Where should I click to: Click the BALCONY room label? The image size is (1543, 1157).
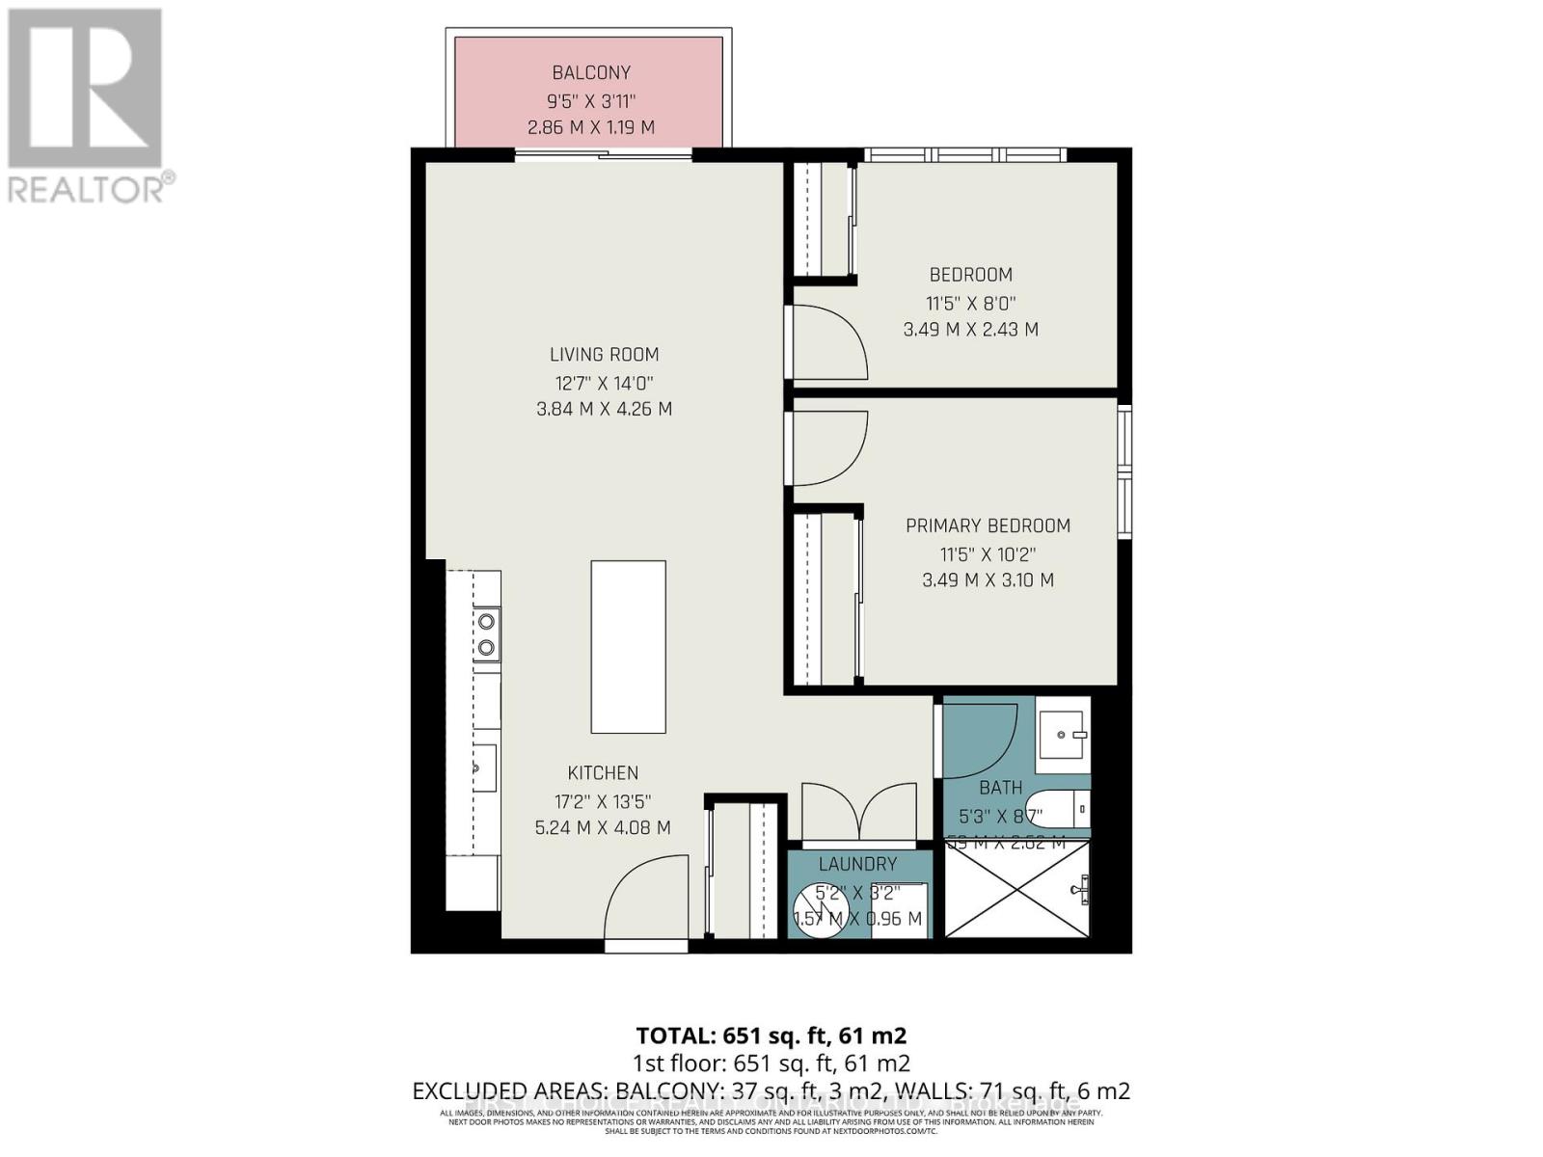pos(591,72)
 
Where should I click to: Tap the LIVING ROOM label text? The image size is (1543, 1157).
pos(605,354)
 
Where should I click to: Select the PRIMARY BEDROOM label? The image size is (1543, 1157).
pos(988,525)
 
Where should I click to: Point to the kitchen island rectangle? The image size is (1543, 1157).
pos(628,647)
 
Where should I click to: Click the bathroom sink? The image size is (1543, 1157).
pos(1065,735)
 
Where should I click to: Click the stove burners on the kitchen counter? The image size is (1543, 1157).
pos(487,633)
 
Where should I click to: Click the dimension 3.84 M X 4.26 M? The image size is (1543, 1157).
pos(604,409)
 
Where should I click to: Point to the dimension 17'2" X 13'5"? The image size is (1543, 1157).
pos(603,800)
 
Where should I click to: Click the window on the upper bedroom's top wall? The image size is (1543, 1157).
pos(964,154)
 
